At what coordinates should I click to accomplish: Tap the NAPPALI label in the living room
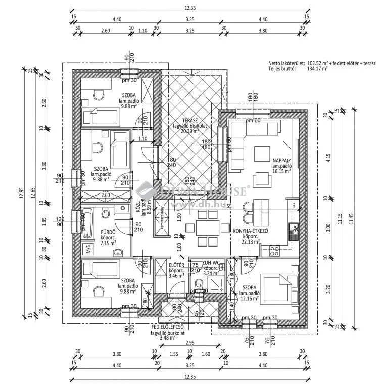[281, 160]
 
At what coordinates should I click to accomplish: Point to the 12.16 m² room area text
[250, 299]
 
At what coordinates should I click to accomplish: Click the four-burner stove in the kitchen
[275, 250]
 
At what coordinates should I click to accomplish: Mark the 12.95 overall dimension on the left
[22, 194]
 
